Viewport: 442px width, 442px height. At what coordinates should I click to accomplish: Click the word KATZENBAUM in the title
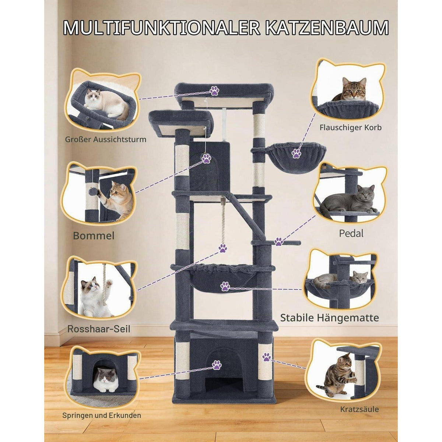point(327,28)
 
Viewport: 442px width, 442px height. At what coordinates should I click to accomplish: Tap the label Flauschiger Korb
point(351,127)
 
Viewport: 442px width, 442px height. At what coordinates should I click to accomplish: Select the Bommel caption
point(94,236)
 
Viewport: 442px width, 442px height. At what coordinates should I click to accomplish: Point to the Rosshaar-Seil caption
point(99,329)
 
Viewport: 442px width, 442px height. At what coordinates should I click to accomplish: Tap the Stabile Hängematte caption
point(329,318)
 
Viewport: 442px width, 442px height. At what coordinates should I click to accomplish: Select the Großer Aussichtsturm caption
point(106,139)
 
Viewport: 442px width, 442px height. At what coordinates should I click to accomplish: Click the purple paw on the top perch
point(214,90)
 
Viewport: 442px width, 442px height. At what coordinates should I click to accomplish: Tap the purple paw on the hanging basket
point(297,153)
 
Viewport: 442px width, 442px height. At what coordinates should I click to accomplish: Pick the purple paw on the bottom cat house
point(217,365)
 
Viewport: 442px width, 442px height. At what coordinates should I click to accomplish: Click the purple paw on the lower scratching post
point(267,357)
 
